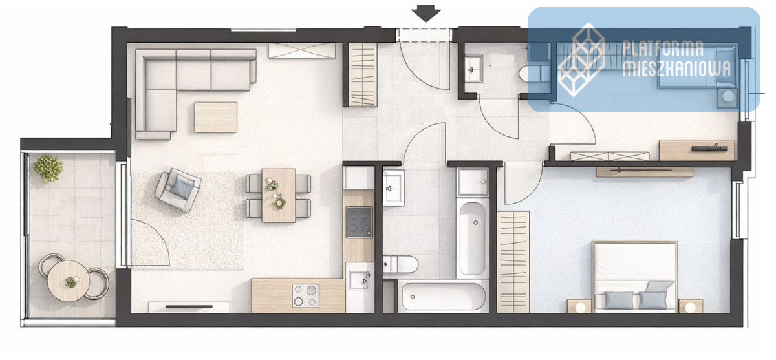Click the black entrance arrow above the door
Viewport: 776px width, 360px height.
426,14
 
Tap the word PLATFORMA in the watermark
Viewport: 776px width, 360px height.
663,48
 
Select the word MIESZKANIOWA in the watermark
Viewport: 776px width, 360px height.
676,69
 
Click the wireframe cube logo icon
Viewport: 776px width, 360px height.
581,59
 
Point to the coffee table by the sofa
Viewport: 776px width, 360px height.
215,117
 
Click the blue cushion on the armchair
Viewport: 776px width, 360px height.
182,186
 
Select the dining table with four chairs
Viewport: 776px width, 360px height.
278,195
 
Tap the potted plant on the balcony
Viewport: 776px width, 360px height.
48,168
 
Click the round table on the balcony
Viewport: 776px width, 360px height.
69,281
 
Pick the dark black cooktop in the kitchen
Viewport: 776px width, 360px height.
360,222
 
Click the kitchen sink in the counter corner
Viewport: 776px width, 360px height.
358,280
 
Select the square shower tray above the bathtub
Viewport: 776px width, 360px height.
473,182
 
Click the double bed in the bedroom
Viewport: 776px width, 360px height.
634,277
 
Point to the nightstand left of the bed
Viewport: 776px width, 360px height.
579,306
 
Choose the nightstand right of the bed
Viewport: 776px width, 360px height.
691,306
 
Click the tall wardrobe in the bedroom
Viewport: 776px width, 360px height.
513,262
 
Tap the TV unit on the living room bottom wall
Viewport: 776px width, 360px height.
189,307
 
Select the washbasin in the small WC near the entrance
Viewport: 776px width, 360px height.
473,69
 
